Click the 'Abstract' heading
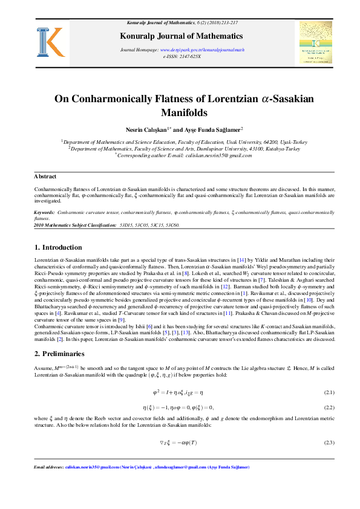(x=45, y=176)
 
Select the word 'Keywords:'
(x=44, y=213)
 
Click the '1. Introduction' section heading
(x=58, y=247)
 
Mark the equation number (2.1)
(x=329, y=392)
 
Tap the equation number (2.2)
(x=329, y=407)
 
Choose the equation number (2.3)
(x=329, y=443)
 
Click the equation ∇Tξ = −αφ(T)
(x=178, y=443)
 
